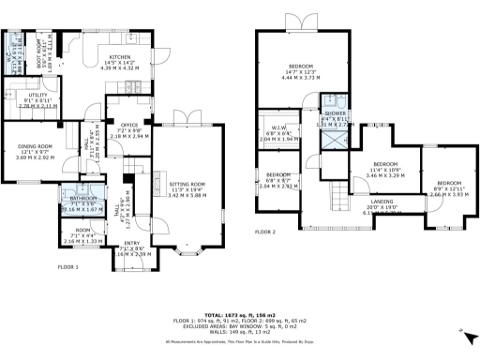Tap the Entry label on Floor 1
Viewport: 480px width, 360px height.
(x=132, y=244)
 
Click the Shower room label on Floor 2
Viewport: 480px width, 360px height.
(x=335, y=112)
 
